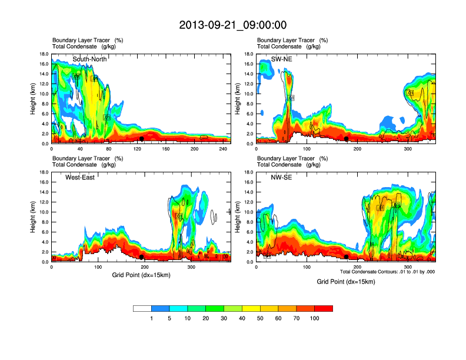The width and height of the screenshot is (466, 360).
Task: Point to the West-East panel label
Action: (x=82, y=177)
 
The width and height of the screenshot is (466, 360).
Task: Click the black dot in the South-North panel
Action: (x=142, y=139)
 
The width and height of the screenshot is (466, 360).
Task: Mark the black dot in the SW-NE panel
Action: (x=347, y=139)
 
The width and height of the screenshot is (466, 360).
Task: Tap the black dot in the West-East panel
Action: (x=142, y=257)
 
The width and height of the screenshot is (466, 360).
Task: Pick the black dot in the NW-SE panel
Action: (x=347, y=257)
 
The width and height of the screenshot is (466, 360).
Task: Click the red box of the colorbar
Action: (x=324, y=308)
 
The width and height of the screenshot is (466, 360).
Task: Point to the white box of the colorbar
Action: (x=142, y=308)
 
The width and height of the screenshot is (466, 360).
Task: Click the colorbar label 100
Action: (x=314, y=318)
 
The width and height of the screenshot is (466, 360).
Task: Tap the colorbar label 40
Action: (x=242, y=318)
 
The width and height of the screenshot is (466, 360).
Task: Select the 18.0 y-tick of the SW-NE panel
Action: (x=249, y=54)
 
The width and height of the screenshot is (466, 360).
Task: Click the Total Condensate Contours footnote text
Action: (x=387, y=272)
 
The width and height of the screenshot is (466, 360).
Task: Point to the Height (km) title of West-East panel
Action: (x=34, y=217)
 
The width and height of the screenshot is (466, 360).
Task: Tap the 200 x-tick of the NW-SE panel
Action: (x=358, y=267)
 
